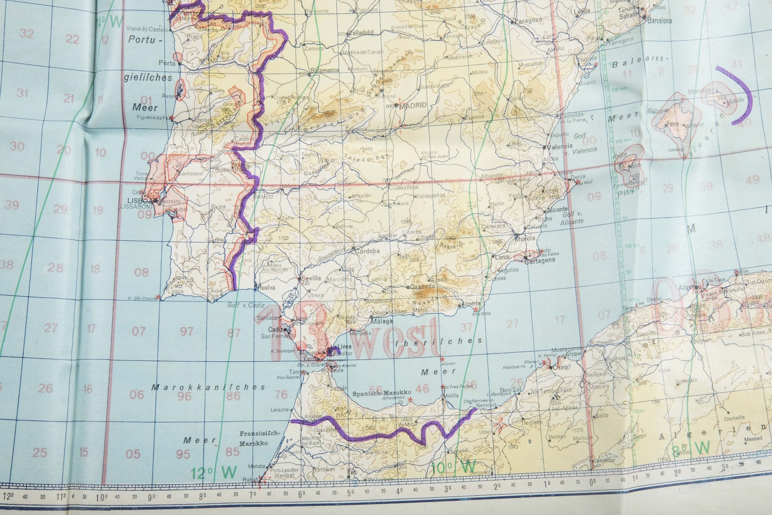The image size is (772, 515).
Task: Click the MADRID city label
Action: (413, 105)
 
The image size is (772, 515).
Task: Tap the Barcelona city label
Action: (659, 21)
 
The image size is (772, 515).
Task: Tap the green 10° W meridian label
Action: (454, 466)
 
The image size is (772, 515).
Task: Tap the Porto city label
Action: (167, 63)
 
